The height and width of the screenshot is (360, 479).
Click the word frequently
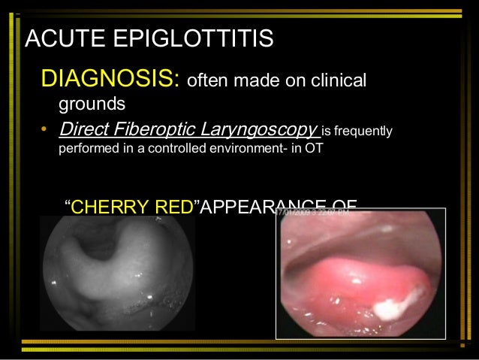coord(363,133)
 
